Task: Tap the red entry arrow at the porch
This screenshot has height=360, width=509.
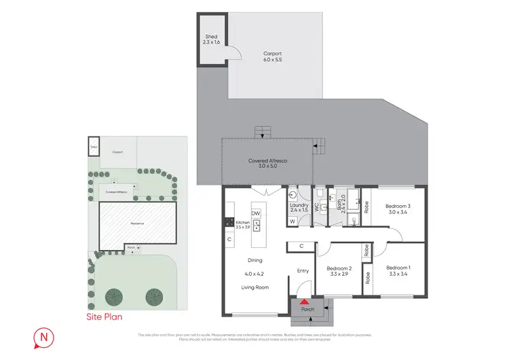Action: coord(305,301)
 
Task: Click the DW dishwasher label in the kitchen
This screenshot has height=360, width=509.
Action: coord(256,213)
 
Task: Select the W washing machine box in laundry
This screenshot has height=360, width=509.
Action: coord(293,221)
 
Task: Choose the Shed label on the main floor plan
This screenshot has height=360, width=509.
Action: coord(211,37)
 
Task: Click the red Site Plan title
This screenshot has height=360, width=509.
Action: coord(104,317)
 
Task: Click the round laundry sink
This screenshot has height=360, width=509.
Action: coord(293,194)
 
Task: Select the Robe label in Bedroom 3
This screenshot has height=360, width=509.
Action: coord(366,206)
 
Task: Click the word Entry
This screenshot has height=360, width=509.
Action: coord(303,271)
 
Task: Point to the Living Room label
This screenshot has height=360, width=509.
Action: coord(256,288)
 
